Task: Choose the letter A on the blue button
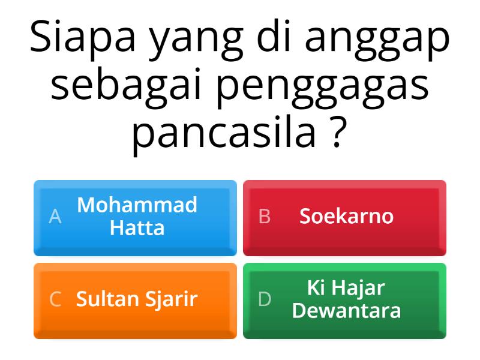55,217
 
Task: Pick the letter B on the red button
265,217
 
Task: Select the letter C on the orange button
55,299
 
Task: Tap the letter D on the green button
265,299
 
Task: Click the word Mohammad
137,205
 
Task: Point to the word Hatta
137,228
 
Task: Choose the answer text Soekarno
346,216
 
